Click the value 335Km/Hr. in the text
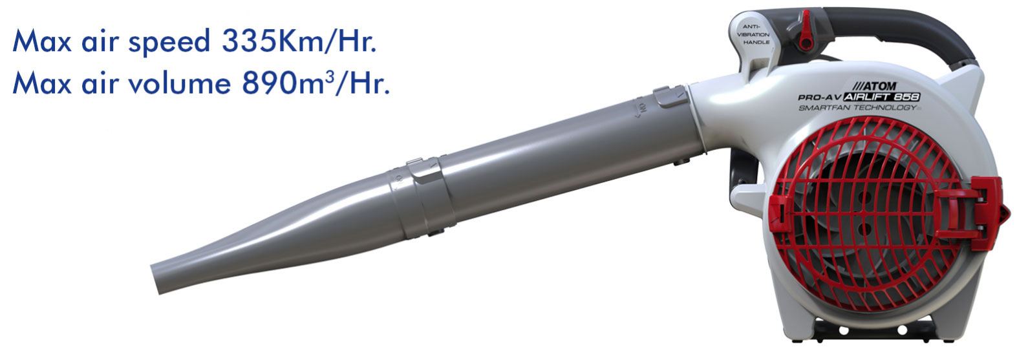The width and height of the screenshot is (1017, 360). (x=299, y=41)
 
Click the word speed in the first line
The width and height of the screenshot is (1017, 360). (x=169, y=43)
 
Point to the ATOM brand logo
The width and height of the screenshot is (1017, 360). (x=874, y=86)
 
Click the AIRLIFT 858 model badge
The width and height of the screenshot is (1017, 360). (x=881, y=97)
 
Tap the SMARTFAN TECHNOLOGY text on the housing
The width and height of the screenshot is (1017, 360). (x=858, y=108)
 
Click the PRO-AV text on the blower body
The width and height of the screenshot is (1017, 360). (x=820, y=97)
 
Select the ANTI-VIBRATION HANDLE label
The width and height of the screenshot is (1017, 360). (x=756, y=34)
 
